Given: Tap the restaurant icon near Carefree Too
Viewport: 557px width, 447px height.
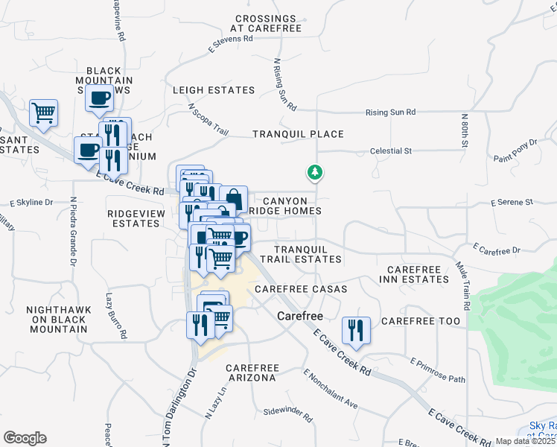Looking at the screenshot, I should [357, 329].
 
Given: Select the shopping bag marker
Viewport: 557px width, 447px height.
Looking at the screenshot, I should [234, 198].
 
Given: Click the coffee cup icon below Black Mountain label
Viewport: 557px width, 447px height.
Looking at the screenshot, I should [99, 97].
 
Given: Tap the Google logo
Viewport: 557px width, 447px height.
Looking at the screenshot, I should [25, 438].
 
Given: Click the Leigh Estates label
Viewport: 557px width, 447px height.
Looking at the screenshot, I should [214, 90].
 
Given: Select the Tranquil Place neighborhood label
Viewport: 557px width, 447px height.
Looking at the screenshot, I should [298, 134].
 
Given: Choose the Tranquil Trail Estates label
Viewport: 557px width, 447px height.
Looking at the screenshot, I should [307, 254].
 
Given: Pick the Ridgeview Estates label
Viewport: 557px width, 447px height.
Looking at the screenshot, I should [133, 218].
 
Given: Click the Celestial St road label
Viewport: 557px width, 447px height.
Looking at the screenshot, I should [391, 151].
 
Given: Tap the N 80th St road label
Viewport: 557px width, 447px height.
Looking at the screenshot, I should [465, 130].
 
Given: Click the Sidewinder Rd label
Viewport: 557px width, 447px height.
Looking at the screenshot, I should [288, 410].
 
